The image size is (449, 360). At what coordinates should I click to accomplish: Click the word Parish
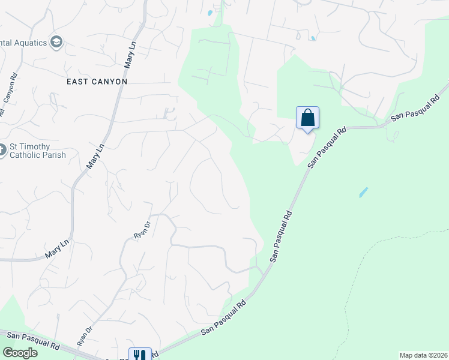pos(52,155)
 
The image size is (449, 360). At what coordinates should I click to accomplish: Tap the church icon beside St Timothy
pos(2,150)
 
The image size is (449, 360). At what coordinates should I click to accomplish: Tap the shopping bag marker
pos(307,118)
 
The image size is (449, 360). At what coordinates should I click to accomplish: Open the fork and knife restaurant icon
pos(139,355)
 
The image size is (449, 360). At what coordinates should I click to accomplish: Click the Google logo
pos(20,353)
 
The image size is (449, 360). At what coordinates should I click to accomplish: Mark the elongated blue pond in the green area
pos(363,193)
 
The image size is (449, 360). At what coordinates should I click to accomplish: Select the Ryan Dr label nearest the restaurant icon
pos(85,336)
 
